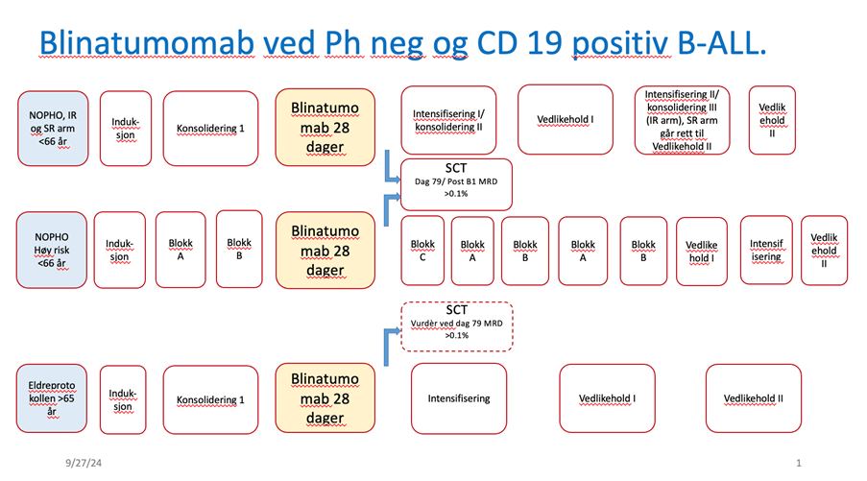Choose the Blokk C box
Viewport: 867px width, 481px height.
(x=422, y=250)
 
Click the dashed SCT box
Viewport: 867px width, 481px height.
(x=456, y=325)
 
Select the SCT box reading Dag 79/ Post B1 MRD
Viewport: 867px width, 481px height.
(x=456, y=183)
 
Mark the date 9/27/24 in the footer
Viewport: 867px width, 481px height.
(x=84, y=464)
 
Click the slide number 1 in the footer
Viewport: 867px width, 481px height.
(x=799, y=464)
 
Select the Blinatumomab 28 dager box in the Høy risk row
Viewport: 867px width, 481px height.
(x=325, y=250)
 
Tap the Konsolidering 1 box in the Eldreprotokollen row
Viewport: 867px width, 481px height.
(x=211, y=399)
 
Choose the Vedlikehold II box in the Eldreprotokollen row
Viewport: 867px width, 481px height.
(x=753, y=397)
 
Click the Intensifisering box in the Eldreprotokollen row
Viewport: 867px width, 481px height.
(x=458, y=397)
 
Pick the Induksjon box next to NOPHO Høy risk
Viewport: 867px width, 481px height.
(x=120, y=250)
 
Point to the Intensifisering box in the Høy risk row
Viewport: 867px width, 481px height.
(x=765, y=250)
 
